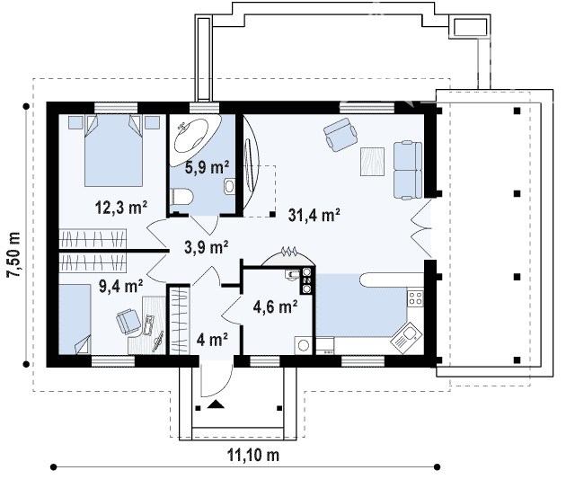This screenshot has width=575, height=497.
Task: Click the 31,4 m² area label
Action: point(314,215)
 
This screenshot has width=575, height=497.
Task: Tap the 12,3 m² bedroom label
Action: point(121,208)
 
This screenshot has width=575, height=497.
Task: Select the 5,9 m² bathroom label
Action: point(208,167)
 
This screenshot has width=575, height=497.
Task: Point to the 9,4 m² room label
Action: point(121,286)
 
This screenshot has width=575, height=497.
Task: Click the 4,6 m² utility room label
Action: point(275,306)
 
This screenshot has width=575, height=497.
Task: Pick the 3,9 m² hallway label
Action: point(207,247)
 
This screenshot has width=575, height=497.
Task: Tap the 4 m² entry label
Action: point(212,340)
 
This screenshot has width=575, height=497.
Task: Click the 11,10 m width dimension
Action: point(253,455)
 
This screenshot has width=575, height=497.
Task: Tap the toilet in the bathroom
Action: point(181,196)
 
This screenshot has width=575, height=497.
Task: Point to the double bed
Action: point(113,150)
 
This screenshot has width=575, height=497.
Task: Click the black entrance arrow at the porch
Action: point(216,404)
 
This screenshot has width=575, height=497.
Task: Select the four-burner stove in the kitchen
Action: point(415,297)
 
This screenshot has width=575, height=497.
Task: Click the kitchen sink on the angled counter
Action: point(405,338)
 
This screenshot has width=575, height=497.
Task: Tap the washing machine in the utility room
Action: point(304,345)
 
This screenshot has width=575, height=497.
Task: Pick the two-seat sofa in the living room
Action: point(408,170)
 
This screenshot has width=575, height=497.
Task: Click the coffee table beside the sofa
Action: point(372,162)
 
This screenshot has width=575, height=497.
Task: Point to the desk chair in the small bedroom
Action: point(128,321)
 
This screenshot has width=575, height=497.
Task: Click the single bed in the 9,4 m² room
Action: point(75,319)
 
